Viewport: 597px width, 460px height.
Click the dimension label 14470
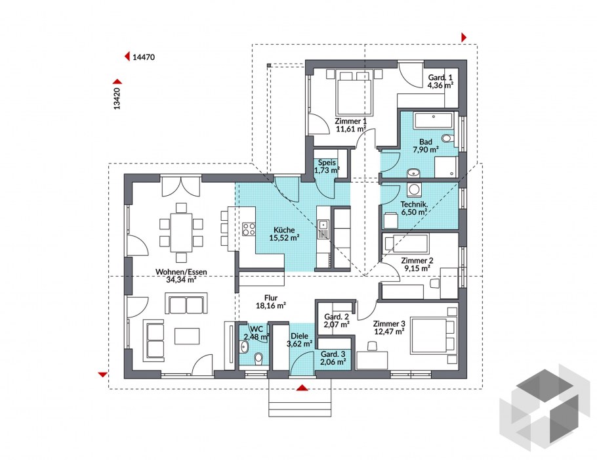(144, 57)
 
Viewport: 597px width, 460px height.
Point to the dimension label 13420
(117, 99)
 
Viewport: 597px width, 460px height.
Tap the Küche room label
(284, 230)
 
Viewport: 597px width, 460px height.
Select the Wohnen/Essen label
(181, 272)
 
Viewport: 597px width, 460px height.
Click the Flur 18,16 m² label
(271, 302)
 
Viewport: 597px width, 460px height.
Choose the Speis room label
(327, 163)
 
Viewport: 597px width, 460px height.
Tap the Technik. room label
(414, 204)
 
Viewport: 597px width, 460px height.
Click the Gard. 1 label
(440, 78)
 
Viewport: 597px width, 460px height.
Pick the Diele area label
(299, 336)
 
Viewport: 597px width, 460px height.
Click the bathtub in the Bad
(433, 120)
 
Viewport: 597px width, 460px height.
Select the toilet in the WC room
(258, 358)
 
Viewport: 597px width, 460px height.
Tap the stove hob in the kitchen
(249, 229)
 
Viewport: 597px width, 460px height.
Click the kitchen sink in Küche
(323, 229)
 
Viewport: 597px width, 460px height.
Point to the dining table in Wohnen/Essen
(181, 233)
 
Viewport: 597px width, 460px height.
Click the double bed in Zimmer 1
(354, 93)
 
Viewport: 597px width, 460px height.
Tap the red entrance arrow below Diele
(302, 388)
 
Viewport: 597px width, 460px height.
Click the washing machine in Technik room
(413, 190)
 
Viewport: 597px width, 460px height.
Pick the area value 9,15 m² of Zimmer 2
(417, 268)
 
